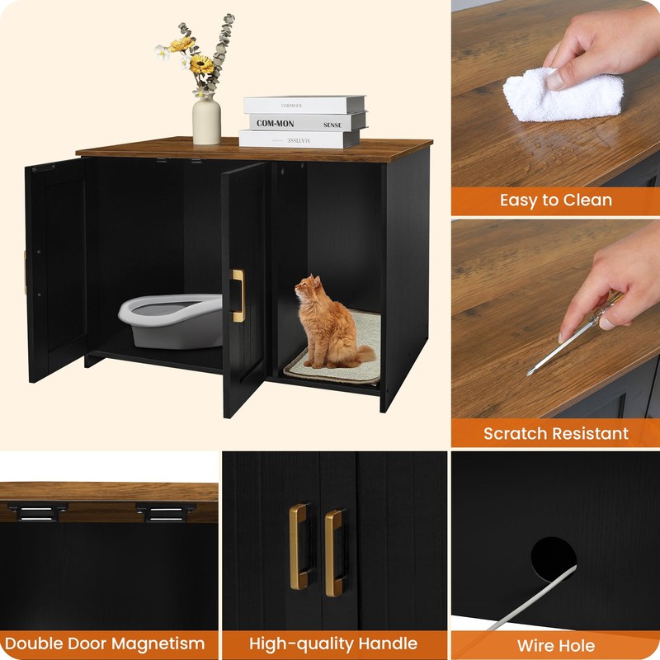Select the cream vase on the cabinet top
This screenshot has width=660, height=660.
tap(206, 120)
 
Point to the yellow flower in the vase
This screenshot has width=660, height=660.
tap(200, 64)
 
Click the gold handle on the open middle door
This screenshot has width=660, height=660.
tap(238, 295)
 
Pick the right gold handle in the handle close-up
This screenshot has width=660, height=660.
tap(333, 552)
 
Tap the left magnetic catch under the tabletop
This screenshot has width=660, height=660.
tap(37, 512)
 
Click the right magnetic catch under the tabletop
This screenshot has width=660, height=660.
tap(166, 512)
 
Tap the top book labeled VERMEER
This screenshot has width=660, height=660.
tap(304, 105)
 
